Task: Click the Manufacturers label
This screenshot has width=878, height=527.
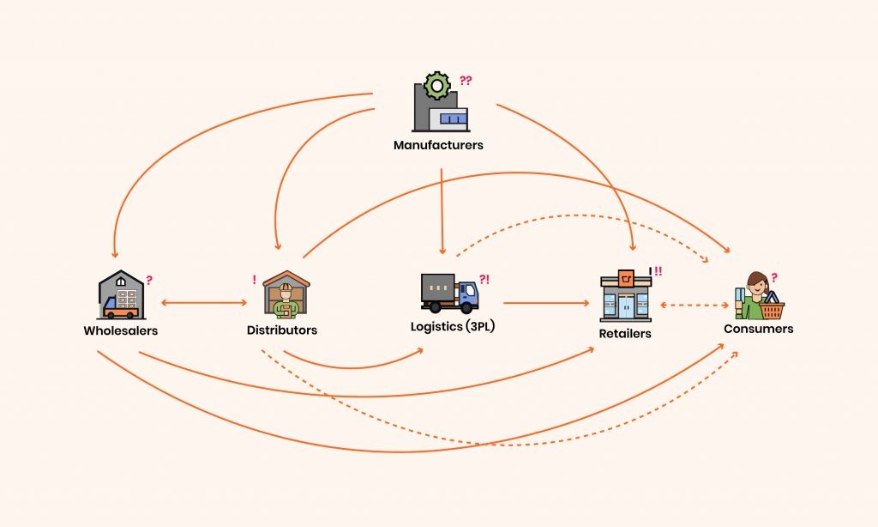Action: (x=438, y=145)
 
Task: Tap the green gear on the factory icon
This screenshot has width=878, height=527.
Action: (x=437, y=86)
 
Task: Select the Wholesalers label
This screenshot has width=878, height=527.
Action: (x=121, y=330)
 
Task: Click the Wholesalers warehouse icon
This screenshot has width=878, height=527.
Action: (x=122, y=295)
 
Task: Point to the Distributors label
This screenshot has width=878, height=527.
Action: (x=282, y=330)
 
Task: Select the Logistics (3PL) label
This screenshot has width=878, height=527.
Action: (x=453, y=326)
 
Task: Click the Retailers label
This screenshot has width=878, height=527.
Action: (x=625, y=334)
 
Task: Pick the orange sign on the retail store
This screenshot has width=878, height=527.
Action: (x=626, y=278)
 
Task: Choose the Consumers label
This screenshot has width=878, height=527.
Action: (x=759, y=329)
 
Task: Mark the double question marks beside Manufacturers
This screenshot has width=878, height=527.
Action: (x=466, y=81)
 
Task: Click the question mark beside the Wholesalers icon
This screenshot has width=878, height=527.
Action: (x=149, y=281)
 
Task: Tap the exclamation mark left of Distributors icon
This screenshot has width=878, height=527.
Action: (x=254, y=280)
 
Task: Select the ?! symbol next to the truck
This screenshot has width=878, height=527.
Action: (x=484, y=279)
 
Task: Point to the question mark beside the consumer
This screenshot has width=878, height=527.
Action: (x=774, y=277)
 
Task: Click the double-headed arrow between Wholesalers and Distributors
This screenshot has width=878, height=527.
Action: (x=204, y=303)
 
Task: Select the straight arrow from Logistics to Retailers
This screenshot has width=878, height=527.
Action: (x=546, y=303)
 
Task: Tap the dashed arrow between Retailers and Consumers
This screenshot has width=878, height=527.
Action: (x=695, y=306)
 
